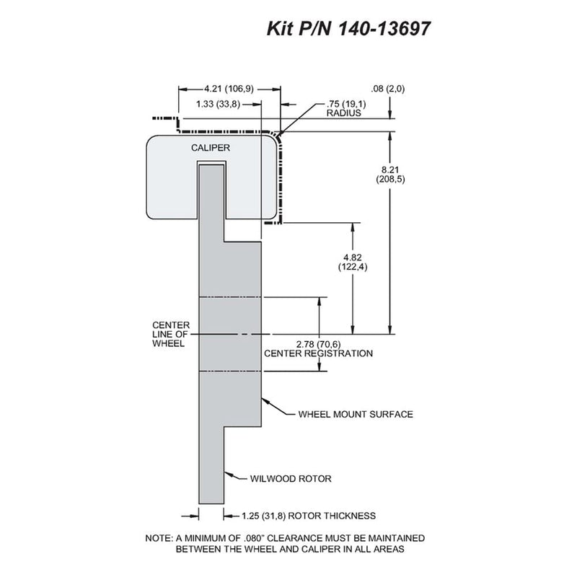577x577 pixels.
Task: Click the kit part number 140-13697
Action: [384, 29]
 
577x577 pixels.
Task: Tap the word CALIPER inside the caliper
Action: [211, 148]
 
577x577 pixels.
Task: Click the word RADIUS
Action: [344, 113]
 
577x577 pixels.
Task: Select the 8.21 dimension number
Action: [390, 170]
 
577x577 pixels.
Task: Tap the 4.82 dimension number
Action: [353, 257]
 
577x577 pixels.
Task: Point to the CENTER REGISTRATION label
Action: [318, 353]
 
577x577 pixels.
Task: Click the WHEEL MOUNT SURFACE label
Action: [356, 414]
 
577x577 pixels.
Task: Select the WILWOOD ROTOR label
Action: [291, 479]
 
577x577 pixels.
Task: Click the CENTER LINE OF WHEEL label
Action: [171, 335]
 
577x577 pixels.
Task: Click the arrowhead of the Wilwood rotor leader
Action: [227, 474]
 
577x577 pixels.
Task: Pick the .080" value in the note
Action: [254, 538]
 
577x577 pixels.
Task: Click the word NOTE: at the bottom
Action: [159, 538]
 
